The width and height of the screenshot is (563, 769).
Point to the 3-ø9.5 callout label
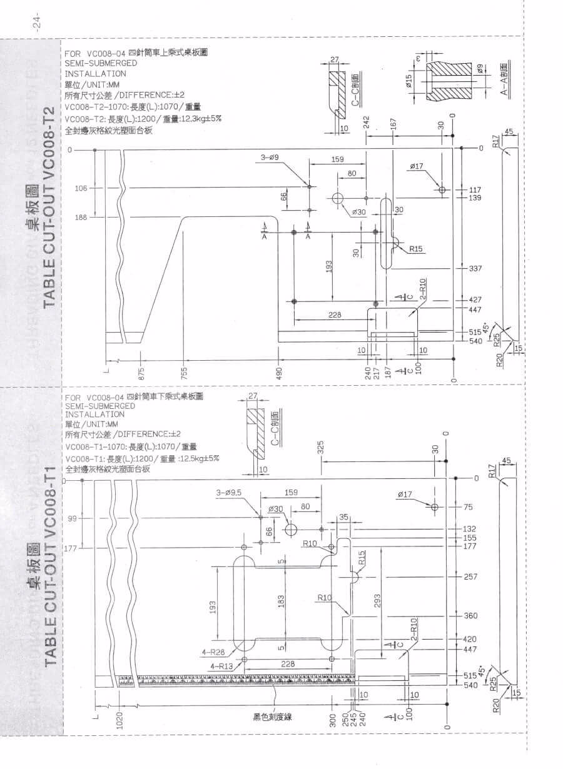click(x=229, y=493)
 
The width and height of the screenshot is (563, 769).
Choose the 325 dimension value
click(x=321, y=448)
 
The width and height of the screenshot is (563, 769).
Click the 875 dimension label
click(x=142, y=373)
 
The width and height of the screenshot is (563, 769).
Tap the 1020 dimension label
click(x=119, y=721)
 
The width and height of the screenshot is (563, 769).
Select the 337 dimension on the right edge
click(x=475, y=269)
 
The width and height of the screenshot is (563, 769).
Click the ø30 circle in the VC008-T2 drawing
click(x=338, y=199)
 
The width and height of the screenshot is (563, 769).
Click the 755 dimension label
click(x=183, y=373)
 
